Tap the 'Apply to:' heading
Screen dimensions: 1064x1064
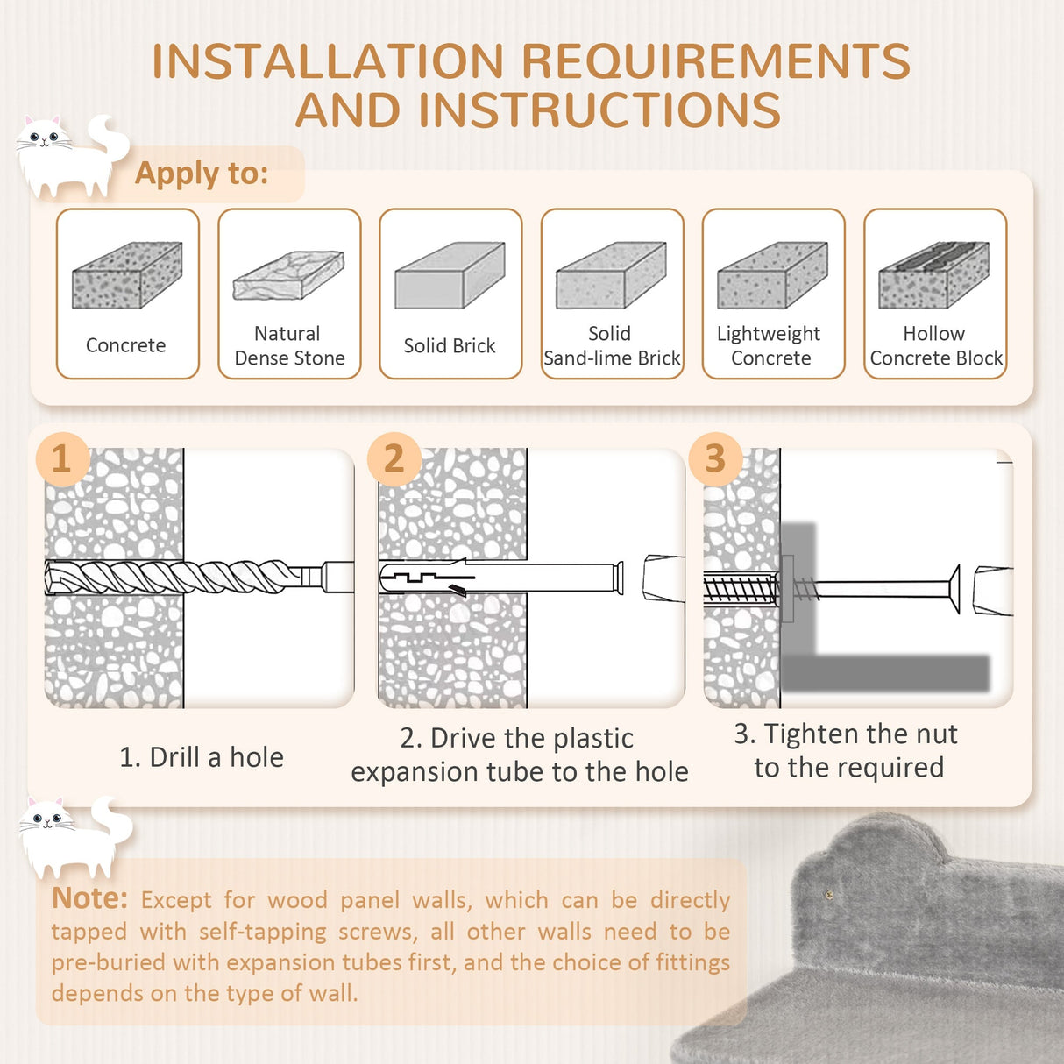tap(202, 173)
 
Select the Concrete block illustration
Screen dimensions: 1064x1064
tap(127, 275)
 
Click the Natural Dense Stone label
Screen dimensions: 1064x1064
tap(289, 345)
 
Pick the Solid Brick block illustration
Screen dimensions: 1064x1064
tap(450, 275)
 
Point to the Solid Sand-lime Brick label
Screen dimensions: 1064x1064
tap(612, 345)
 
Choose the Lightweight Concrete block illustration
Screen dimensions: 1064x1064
tap(772, 275)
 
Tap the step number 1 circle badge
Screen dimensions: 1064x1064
tap(61, 458)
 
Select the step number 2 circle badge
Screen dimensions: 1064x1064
tap(394, 458)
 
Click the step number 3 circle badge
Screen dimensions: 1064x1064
tap(715, 458)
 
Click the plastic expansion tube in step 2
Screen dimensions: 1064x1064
tap(500, 578)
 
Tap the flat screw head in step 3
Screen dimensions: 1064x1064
tap(953, 588)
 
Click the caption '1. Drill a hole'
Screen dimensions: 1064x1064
tap(202, 757)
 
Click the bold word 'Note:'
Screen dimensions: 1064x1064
tap(89, 898)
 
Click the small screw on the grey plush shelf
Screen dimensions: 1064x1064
tap(830, 893)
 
